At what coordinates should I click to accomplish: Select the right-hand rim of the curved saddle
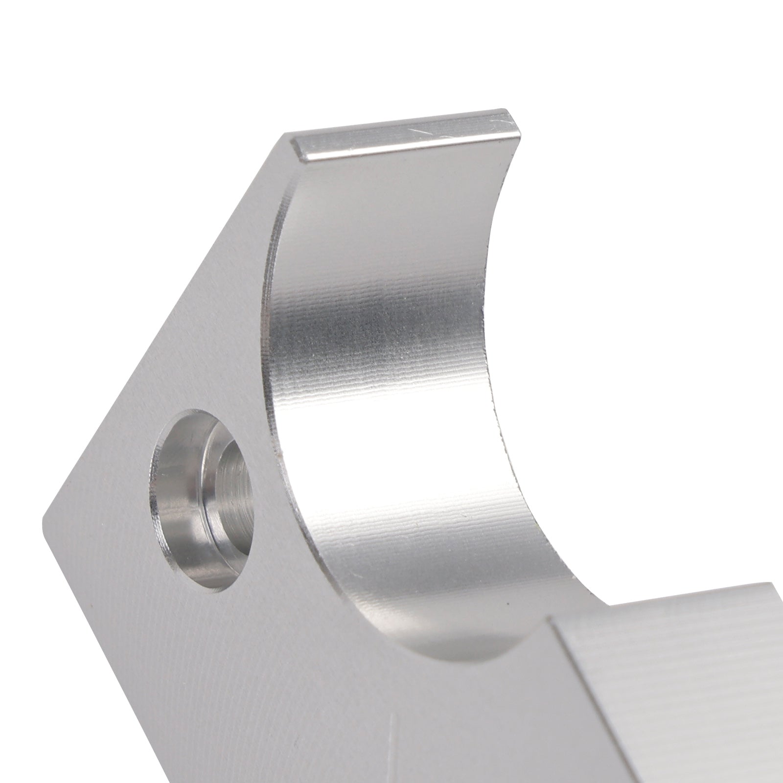[x=494, y=343]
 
